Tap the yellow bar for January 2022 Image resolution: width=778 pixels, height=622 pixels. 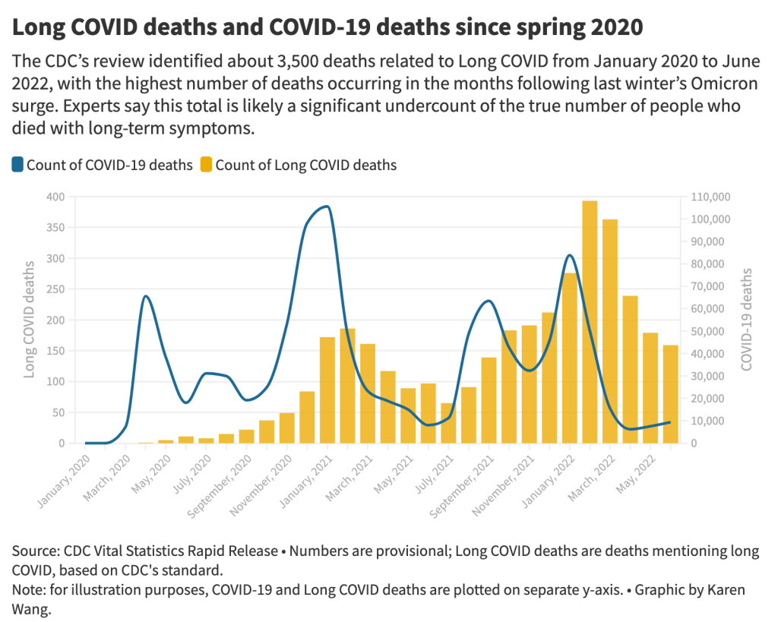[570, 358]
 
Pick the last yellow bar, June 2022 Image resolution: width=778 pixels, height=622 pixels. [671, 394]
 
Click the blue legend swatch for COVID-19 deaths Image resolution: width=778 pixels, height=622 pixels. [18, 165]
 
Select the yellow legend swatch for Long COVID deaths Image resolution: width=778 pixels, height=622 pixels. [207, 165]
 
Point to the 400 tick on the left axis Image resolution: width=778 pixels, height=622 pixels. [55, 197]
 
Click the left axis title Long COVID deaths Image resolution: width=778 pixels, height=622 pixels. [30, 319]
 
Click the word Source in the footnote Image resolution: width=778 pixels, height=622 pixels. [33, 551]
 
